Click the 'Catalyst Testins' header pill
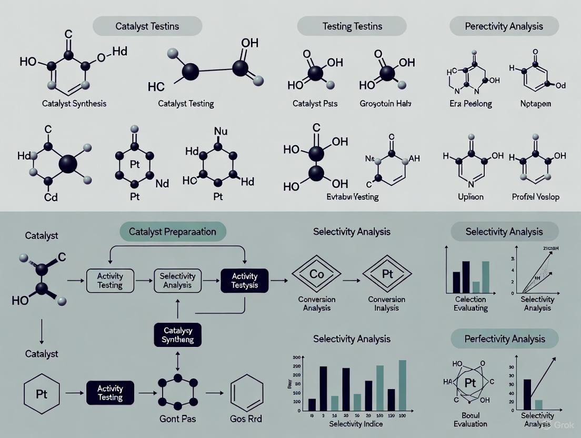[147, 26]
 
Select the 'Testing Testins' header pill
[352, 26]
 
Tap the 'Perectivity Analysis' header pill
[504, 26]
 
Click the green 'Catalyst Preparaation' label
[173, 232]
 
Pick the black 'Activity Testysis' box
[245, 281]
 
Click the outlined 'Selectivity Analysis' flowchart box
[177, 281]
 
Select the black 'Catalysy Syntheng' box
[178, 335]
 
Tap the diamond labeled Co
[316, 274]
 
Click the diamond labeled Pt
[386, 274]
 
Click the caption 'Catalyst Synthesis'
[74, 103]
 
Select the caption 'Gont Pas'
[177, 419]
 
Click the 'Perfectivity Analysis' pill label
[504, 339]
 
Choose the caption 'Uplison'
[470, 197]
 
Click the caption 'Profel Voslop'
[535, 197]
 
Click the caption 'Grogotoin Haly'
[386, 103]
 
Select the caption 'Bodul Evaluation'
[470, 419]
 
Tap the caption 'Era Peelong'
[470, 103]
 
